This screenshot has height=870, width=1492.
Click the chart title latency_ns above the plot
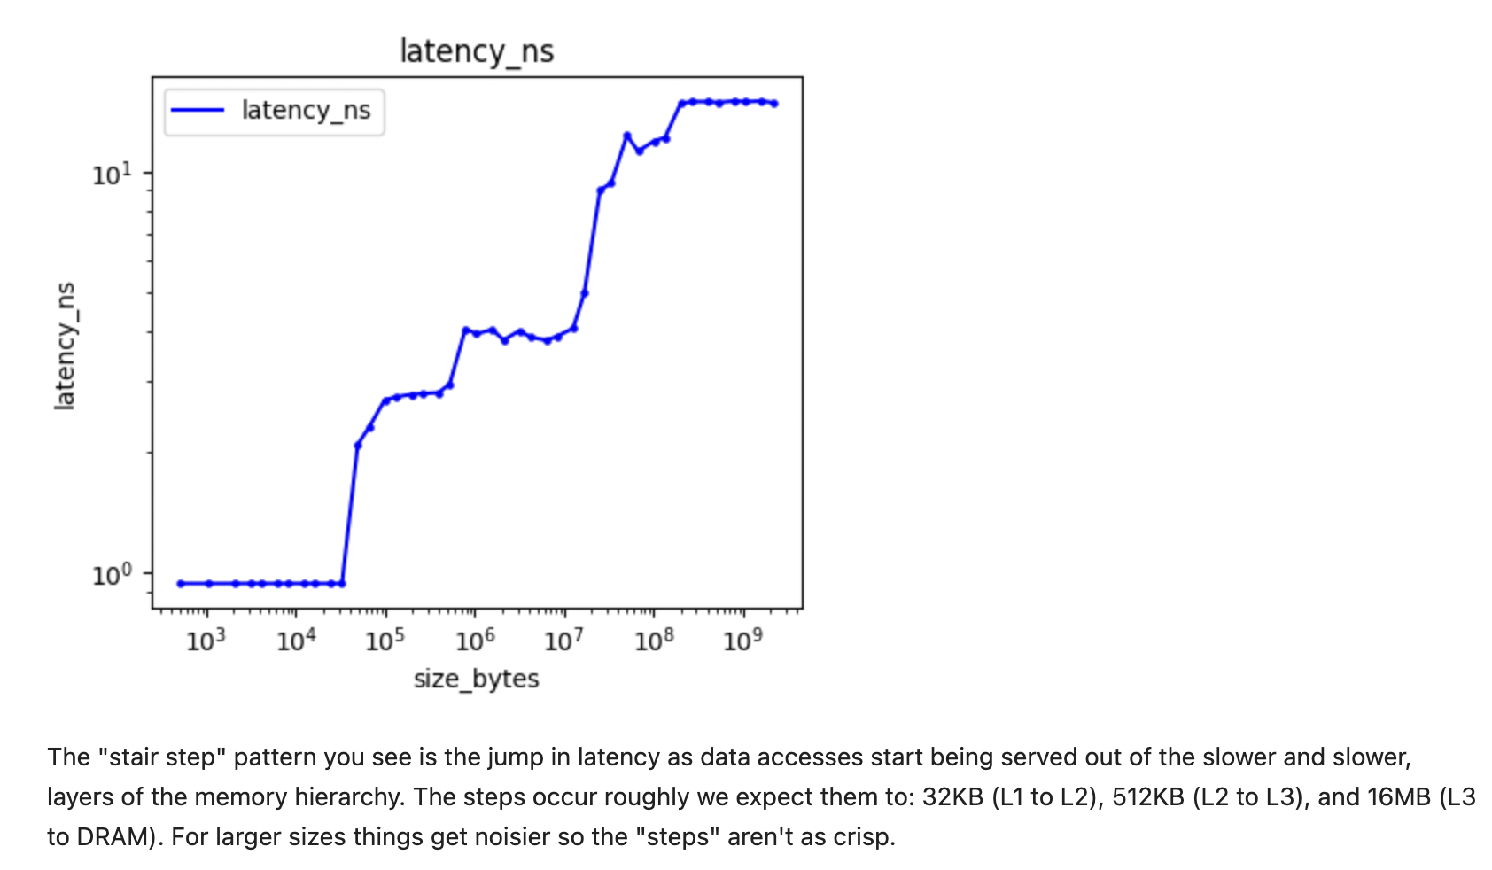[x=477, y=51]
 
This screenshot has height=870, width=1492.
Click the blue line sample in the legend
[x=197, y=110]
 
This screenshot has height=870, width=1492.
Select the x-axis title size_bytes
[x=476, y=679]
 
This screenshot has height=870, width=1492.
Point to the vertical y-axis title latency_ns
[x=65, y=346]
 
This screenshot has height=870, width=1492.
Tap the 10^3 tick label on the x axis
[x=206, y=640]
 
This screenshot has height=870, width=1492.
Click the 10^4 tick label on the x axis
[x=295, y=640]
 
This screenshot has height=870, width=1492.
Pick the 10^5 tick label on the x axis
[x=385, y=640]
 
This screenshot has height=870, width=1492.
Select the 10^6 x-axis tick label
[x=474, y=640]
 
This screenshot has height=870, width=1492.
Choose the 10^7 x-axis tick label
[x=563, y=640]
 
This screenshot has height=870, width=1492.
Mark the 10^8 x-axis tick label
[x=653, y=640]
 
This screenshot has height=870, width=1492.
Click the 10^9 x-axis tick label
[x=742, y=640]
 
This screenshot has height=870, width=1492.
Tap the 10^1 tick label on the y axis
[x=112, y=175]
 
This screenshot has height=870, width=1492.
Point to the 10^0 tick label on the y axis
[x=112, y=576]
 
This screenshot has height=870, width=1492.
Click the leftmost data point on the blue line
[x=181, y=584]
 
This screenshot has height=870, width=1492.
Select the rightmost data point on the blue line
[x=774, y=104]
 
